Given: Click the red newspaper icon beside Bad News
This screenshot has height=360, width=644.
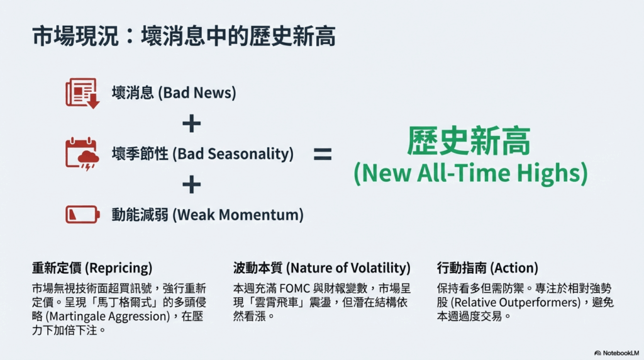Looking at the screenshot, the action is tap(82, 93).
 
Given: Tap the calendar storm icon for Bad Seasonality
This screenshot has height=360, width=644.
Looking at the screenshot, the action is tap(82, 154).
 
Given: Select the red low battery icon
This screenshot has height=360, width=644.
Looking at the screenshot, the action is tap(82, 215).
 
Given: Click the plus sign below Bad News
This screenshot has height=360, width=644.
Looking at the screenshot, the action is tap(191, 123).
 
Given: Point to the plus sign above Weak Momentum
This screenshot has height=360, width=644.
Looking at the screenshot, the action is tap(191, 184).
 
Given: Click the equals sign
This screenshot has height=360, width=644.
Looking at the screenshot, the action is tap(323, 154).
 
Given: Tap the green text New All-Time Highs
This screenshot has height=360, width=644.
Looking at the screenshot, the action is tap(470, 173).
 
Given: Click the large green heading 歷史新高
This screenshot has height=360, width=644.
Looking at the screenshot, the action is tap(469, 141).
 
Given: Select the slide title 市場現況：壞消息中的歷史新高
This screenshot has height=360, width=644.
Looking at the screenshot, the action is tap(184, 36).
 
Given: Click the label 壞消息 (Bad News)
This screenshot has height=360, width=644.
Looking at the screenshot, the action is tap(174, 93).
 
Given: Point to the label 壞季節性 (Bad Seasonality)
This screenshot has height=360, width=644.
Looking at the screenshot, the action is tap(203, 154).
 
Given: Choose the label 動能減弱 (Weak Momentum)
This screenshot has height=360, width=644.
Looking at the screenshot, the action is tap(208, 215).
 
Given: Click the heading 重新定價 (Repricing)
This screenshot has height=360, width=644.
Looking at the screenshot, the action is tap(92, 268).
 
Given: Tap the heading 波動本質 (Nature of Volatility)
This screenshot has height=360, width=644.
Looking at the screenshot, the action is tap(321, 268).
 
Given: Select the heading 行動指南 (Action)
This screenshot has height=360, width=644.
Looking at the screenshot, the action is tap(487, 268).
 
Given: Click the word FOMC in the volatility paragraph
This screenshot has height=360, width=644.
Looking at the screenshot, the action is tap(294, 288).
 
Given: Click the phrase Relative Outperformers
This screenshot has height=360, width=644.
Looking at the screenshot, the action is tap(516, 303).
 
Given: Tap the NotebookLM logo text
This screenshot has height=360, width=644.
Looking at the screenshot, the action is tap(621, 353).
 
